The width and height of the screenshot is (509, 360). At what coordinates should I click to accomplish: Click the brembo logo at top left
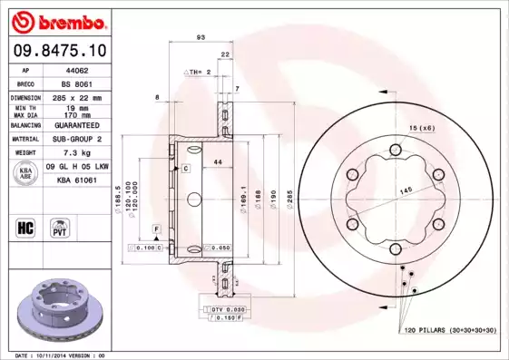click(x=55, y=19)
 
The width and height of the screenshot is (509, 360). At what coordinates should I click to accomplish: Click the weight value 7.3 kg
click(x=73, y=153)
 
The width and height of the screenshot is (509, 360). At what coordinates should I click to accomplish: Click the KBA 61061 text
click(x=73, y=180)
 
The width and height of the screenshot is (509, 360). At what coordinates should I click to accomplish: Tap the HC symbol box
click(x=25, y=226)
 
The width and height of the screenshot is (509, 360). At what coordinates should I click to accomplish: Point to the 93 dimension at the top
click(x=200, y=36)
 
